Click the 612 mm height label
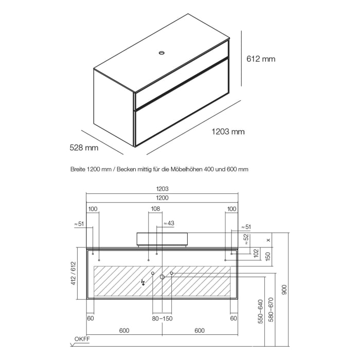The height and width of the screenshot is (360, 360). click(261, 59)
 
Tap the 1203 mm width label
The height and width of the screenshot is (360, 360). click(228, 132)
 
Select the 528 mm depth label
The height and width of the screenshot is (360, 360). click(84, 148)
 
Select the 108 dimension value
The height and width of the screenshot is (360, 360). click(155, 209)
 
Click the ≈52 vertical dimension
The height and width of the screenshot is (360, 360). click(246, 239)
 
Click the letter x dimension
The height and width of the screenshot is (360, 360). click(268, 240)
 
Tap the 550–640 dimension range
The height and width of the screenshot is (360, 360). click(261, 312)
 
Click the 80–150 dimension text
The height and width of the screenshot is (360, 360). click(162, 318)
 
